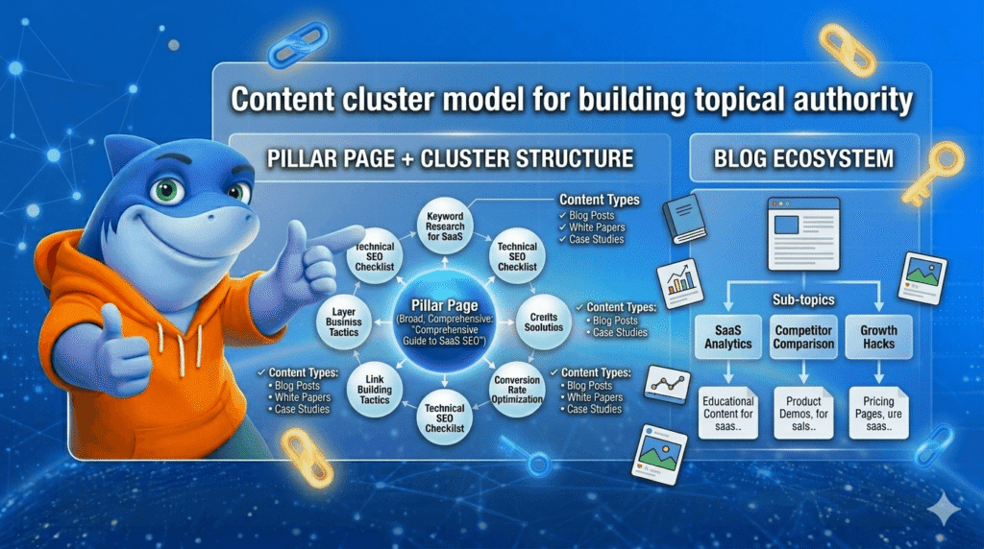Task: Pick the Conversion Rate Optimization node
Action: click(x=517, y=388)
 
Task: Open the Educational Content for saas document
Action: click(x=727, y=415)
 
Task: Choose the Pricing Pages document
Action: click(x=878, y=415)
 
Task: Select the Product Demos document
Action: click(x=803, y=415)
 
